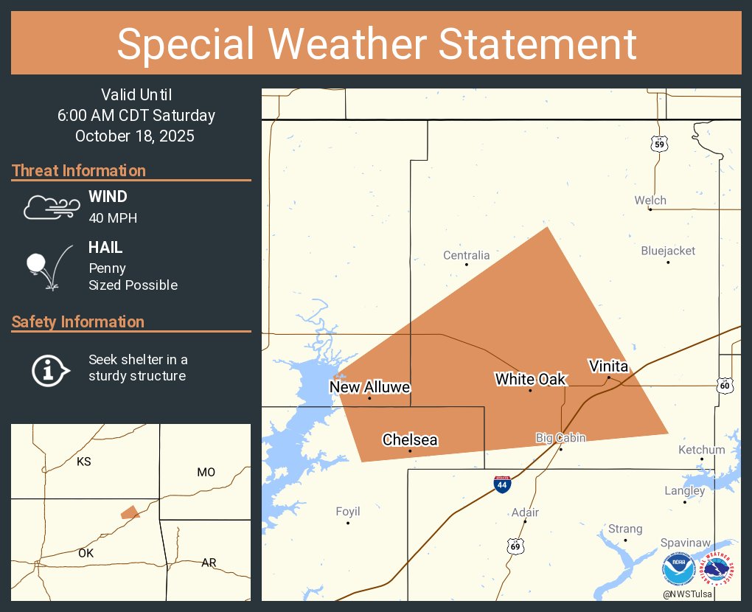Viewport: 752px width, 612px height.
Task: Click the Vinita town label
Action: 608,366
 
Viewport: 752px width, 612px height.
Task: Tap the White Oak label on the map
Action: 530,379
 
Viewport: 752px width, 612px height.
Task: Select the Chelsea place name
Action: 410,440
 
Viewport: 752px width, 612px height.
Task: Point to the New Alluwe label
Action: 369,387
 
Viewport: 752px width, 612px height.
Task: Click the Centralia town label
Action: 466,255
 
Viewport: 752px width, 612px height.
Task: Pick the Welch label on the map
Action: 650,200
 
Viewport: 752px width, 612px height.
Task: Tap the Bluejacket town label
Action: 668,251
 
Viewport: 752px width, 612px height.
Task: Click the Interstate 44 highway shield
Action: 502,484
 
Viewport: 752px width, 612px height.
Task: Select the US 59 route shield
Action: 659,144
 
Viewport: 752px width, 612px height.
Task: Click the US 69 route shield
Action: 515,546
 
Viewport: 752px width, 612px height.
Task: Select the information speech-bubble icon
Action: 49,369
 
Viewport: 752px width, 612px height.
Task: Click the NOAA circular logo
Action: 678,571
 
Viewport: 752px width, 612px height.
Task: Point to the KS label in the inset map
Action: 84,462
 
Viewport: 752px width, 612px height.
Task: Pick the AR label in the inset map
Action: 209,563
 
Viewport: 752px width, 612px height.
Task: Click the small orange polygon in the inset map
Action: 130,512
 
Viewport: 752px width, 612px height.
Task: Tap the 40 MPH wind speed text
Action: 113,218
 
